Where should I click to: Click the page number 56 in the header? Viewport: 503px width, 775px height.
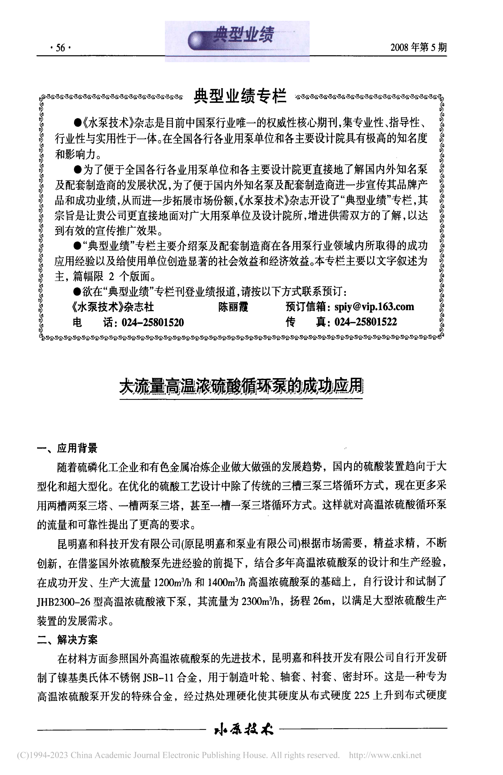[x=61, y=48]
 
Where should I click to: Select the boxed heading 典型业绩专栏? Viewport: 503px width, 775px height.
[x=240, y=97]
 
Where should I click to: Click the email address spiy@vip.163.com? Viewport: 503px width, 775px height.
[x=374, y=307]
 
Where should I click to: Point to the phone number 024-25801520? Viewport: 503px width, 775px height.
[x=153, y=322]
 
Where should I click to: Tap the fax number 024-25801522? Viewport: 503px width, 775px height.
[x=365, y=322]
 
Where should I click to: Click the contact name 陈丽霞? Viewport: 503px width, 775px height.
[x=233, y=307]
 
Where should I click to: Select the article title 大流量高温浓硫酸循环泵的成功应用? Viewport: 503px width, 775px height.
[x=241, y=387]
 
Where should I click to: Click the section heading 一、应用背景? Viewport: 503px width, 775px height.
[x=67, y=448]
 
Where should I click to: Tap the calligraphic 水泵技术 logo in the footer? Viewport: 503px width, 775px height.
[x=243, y=729]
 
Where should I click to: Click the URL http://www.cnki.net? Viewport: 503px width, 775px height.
[x=385, y=755]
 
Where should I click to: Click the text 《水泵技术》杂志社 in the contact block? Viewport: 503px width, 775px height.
[x=112, y=307]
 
